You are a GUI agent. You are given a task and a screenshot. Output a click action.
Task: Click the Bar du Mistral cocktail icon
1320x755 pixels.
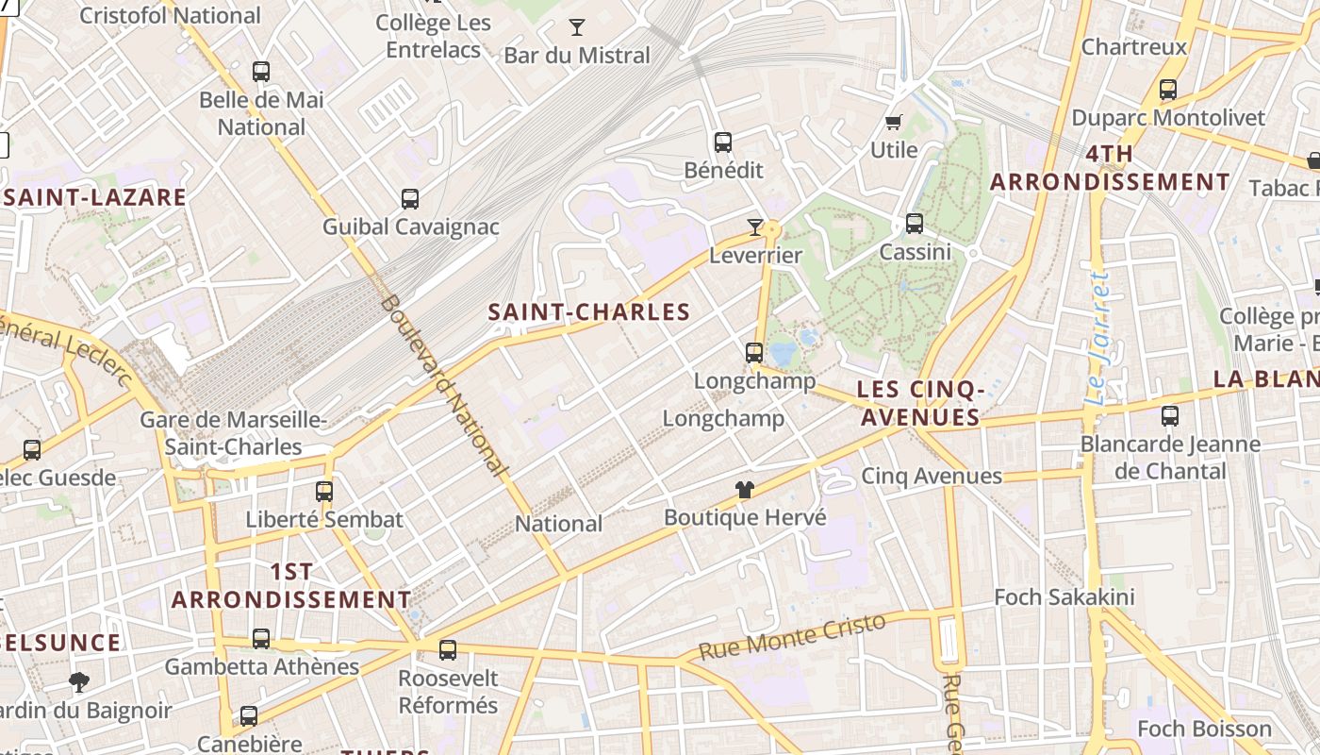(576, 27)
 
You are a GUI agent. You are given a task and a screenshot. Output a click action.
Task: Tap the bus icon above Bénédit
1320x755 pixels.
(723, 143)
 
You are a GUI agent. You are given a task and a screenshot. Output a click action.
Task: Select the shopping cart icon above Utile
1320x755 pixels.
(893, 122)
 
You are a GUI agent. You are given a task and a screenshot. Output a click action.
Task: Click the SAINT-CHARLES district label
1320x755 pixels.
(589, 312)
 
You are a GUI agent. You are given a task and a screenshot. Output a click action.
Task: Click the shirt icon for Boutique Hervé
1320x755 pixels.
(745, 489)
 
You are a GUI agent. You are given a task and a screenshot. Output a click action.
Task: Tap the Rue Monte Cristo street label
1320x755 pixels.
(792, 637)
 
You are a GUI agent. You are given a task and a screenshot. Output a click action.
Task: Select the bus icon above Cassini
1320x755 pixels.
(915, 224)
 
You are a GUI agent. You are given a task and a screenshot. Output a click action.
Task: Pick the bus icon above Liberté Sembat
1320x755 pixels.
(324, 491)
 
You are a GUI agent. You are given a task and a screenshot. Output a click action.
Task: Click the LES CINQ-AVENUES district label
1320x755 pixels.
(920, 403)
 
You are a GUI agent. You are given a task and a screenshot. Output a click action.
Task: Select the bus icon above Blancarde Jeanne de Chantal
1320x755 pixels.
(1170, 415)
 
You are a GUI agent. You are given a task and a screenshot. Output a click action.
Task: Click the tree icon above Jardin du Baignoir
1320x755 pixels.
(79, 681)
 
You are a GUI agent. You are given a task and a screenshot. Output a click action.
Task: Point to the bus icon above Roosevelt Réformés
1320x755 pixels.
(448, 649)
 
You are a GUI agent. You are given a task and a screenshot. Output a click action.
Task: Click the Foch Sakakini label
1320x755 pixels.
(1064, 596)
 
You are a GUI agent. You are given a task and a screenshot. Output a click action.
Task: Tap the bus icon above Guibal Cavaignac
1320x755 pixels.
(410, 199)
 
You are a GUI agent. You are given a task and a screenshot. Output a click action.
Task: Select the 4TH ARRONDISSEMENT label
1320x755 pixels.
(1110, 168)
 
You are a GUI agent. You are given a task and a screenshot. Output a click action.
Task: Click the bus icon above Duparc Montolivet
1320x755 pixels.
(1168, 90)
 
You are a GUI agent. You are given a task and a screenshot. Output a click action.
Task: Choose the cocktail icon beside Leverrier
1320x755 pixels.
(754, 226)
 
